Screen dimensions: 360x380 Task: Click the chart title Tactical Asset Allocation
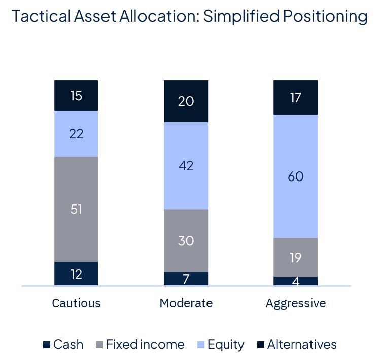pos(189,16)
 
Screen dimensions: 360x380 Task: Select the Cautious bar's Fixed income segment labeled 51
pos(76,209)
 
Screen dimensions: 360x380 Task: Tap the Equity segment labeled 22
pos(76,134)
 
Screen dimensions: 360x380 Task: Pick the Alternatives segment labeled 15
pos(76,95)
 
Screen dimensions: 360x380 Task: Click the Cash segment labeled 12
pos(76,274)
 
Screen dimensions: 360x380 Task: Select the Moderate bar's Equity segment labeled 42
pos(186,166)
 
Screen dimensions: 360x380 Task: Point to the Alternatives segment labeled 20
pos(186,101)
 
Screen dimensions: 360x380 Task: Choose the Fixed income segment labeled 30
pos(186,240)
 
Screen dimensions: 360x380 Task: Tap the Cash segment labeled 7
pos(186,279)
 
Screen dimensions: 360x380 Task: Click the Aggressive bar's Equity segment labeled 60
pos(295,176)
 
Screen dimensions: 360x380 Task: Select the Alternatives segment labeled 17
pos(295,97)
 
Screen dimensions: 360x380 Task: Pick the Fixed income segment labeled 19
pos(295,257)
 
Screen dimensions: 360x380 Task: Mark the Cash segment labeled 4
pos(295,281)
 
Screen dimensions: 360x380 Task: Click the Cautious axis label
pos(76,303)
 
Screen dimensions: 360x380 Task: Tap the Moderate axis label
pos(186,303)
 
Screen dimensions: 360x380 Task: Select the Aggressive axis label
pos(295,303)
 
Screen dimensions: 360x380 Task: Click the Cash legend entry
pos(63,345)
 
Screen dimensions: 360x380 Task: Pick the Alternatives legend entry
pos(296,345)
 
